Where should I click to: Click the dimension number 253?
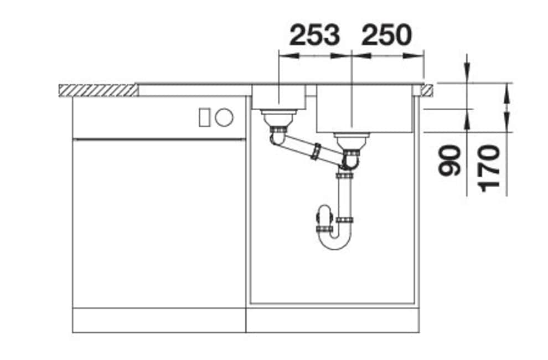pos(314,35)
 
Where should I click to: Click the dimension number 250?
pos(387,35)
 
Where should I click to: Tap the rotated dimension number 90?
pos(449,161)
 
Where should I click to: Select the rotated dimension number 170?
pos(489,168)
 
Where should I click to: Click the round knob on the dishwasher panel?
pos(224,117)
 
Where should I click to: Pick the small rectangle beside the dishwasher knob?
pos(204,117)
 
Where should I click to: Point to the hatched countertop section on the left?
pos(98,90)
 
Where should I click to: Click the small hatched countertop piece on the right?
pos(428,90)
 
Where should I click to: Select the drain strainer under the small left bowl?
pos(278,118)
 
